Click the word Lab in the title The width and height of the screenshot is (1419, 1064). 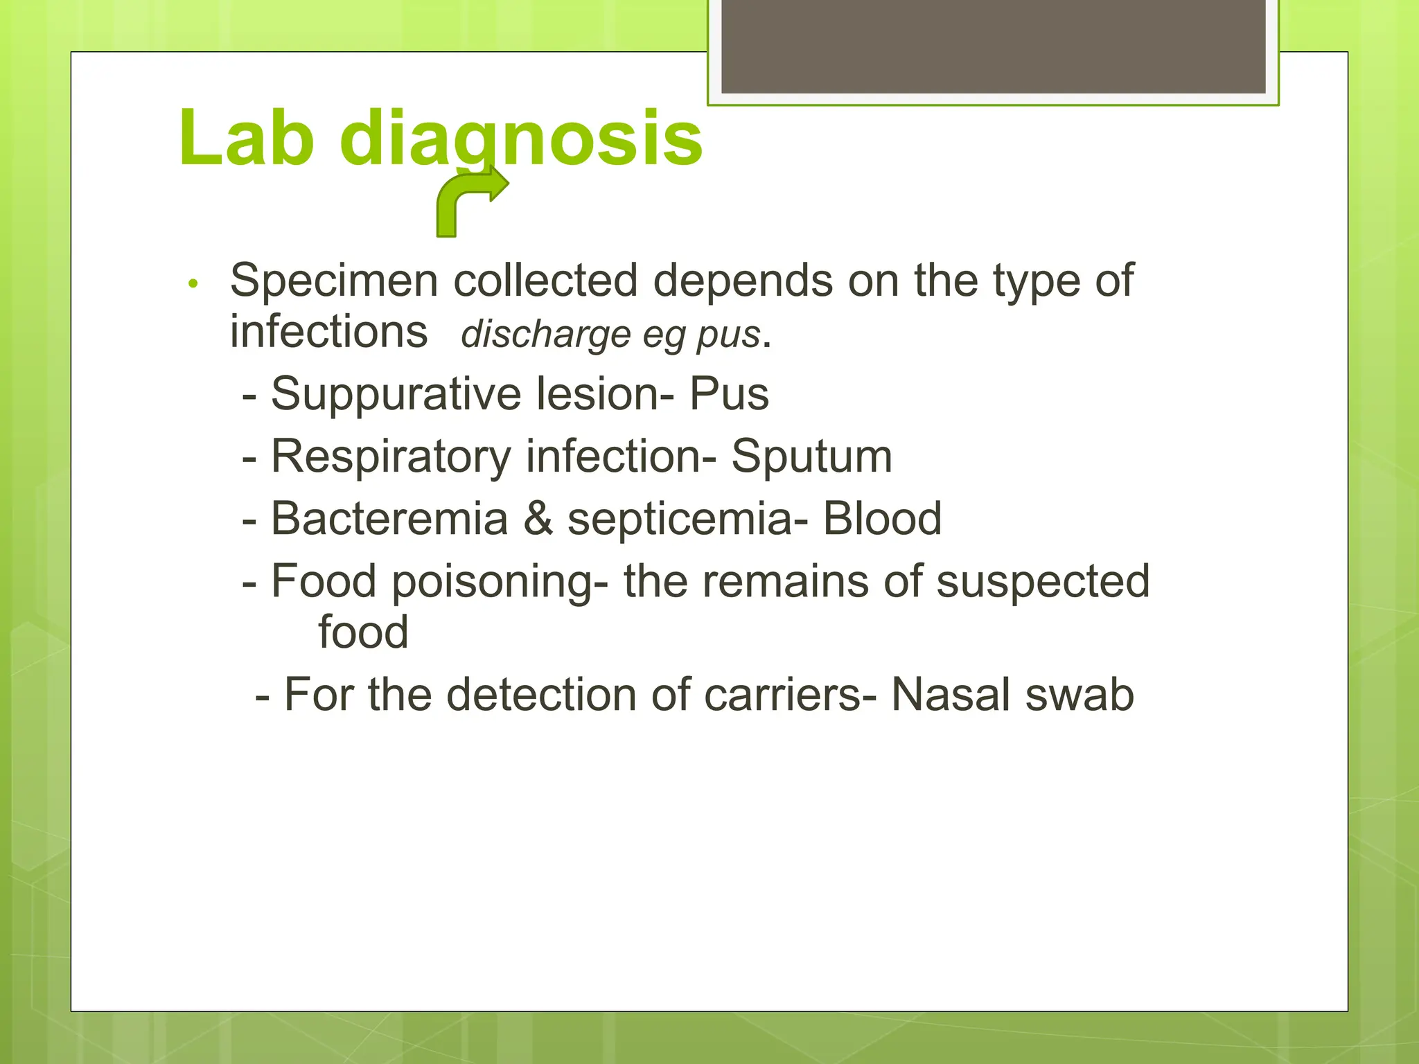point(246,138)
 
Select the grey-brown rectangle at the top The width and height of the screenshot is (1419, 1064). point(993,46)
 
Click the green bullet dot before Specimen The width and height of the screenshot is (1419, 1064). point(193,283)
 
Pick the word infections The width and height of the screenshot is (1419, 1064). point(328,331)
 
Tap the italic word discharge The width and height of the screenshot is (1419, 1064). point(545,335)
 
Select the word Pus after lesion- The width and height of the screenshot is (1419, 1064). point(729,393)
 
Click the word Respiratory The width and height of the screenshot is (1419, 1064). point(390,456)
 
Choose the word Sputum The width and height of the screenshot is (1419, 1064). point(811,456)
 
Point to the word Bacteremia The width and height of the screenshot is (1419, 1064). point(389,518)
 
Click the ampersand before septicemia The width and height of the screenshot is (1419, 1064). point(538,518)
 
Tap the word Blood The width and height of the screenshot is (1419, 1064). point(882,518)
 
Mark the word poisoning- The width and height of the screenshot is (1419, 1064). point(500,581)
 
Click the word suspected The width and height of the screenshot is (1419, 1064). point(1043,581)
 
